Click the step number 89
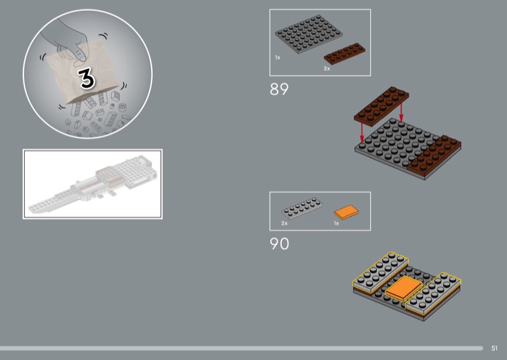pyautogui.click(x=279, y=89)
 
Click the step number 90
pyautogui.click(x=279, y=244)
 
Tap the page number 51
pyautogui.click(x=494, y=348)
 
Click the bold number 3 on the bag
pyautogui.click(x=86, y=78)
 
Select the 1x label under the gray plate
pyautogui.click(x=278, y=58)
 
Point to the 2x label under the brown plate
pyautogui.click(x=327, y=68)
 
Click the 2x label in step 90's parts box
pyautogui.click(x=284, y=223)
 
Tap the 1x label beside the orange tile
pyautogui.click(x=337, y=223)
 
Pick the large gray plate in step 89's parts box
pyautogui.click(x=309, y=34)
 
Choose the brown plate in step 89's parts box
pyautogui.click(x=344, y=54)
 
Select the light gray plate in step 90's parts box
pyautogui.click(x=302, y=208)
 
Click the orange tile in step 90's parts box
pyautogui.click(x=346, y=212)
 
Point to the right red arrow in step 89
pyautogui.click(x=401, y=113)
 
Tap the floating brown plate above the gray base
pyautogui.click(x=382, y=106)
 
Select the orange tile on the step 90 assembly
pyautogui.click(x=404, y=288)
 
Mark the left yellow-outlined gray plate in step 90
pyautogui.click(x=380, y=272)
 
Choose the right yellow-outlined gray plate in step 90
pyautogui.click(x=433, y=293)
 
